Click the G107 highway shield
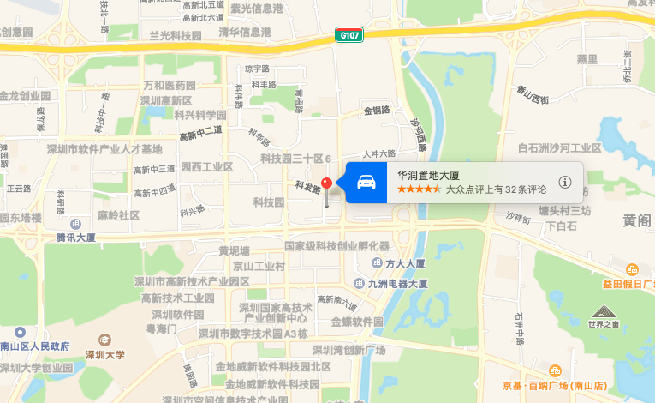point(349,35)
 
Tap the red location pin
point(326,185)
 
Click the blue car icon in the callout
point(366,182)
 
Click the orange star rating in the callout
point(420,189)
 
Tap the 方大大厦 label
point(405,263)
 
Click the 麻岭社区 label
point(118,215)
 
